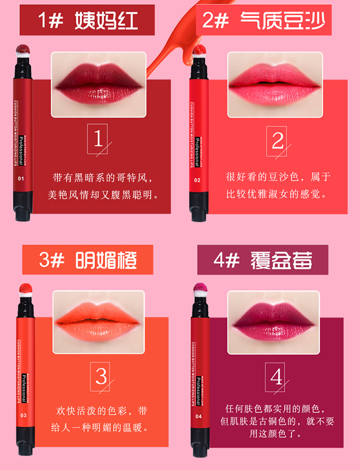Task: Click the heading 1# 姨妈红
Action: point(88,20)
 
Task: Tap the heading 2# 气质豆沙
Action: point(264,20)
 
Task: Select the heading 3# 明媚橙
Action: point(88,260)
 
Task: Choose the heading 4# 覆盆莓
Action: point(263,260)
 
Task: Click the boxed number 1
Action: point(97,139)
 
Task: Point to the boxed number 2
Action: point(276,141)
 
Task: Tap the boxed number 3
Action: point(100,376)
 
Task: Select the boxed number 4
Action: point(275,377)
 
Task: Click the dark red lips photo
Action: point(98,84)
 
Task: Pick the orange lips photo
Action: point(98,322)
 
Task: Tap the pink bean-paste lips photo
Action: point(275,84)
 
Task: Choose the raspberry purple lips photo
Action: point(274,323)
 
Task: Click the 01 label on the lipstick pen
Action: point(21,179)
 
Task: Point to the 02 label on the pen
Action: point(197,180)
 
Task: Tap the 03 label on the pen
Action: point(24,415)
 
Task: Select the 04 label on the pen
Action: point(198,416)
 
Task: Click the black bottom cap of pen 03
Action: point(25,443)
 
